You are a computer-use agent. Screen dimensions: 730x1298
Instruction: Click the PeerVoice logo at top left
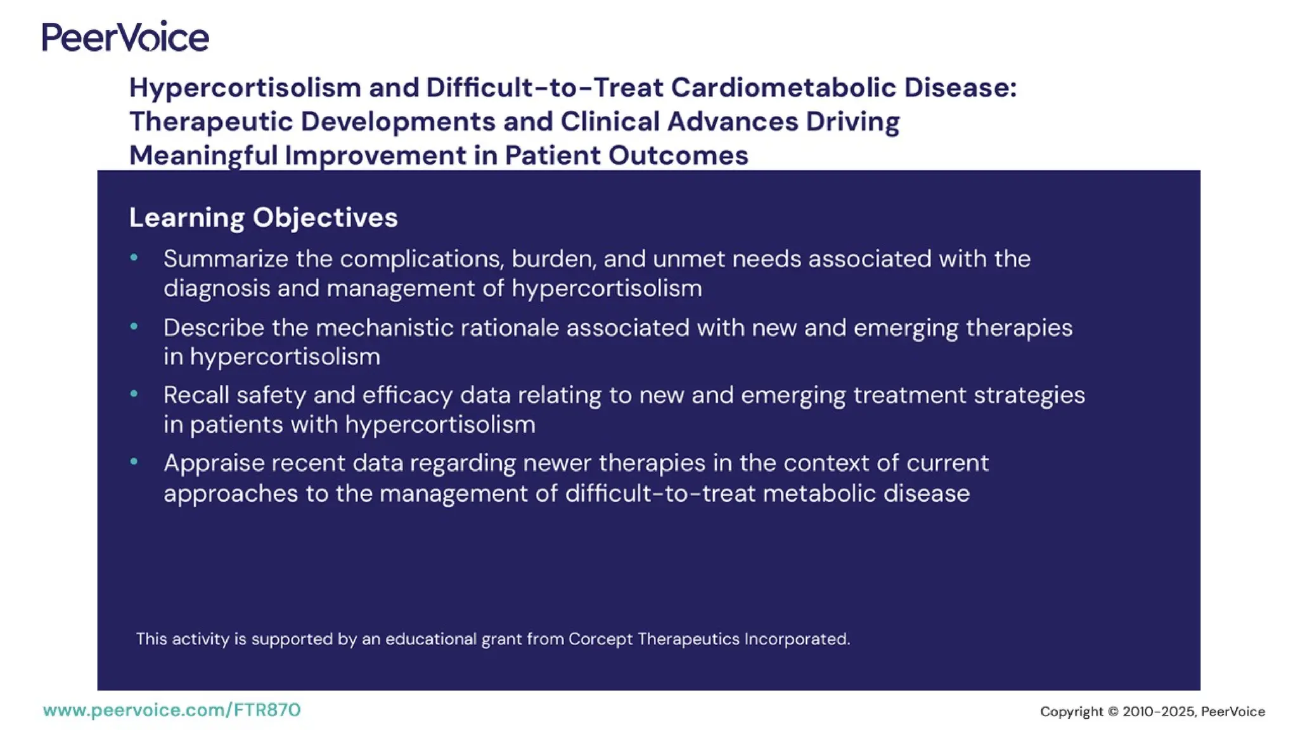(x=125, y=37)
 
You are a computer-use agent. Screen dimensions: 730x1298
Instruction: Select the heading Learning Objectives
(x=263, y=217)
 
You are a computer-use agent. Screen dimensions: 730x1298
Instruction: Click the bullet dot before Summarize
(x=134, y=257)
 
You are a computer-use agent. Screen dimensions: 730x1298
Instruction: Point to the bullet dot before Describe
(x=134, y=326)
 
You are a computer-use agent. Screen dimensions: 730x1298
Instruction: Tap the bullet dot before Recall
(x=134, y=394)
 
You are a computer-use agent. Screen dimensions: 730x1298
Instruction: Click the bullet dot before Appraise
(x=134, y=462)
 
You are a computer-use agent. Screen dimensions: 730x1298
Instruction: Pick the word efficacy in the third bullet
(x=407, y=395)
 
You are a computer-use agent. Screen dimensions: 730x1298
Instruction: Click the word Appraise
(x=213, y=464)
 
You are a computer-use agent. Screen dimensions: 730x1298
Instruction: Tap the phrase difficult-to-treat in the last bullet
(x=660, y=494)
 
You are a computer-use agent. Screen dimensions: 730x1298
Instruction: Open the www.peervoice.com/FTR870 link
(x=172, y=710)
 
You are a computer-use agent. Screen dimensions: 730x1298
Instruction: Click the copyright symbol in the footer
(x=1113, y=712)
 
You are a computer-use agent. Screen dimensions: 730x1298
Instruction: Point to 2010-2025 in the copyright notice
(x=1158, y=712)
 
